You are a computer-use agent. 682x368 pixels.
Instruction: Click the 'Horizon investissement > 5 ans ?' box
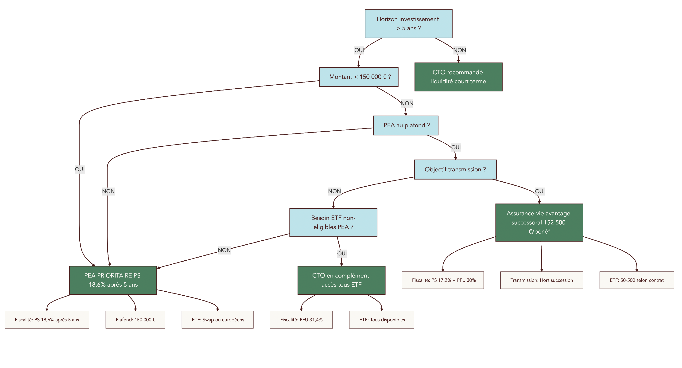408,24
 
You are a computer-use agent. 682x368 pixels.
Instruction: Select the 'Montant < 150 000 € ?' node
358,77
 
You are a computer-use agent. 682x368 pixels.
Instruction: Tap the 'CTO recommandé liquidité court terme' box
458,77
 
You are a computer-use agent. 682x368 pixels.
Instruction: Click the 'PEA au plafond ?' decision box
406,125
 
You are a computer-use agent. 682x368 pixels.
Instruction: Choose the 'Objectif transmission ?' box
455,169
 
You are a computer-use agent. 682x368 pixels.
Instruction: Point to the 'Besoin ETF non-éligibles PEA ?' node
333,223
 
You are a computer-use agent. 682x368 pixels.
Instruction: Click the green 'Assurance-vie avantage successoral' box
539,223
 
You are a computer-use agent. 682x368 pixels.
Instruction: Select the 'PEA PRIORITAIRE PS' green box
113,280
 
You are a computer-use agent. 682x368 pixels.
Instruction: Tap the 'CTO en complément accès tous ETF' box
341,280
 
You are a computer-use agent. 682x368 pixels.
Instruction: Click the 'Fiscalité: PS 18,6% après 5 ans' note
47,320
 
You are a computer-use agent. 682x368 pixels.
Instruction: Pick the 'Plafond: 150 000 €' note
135,320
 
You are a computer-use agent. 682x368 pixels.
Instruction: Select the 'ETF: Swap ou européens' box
217,320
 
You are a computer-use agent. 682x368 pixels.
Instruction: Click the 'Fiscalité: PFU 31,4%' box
301,320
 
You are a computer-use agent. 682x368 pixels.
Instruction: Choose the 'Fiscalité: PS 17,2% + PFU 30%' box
443,280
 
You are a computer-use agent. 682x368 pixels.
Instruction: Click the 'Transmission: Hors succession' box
541,280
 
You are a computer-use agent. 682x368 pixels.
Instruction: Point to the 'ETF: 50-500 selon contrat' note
636,280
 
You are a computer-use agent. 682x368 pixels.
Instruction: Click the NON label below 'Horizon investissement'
459,50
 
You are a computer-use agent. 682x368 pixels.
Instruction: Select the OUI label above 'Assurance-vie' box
539,191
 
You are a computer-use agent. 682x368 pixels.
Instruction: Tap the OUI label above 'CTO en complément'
342,254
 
